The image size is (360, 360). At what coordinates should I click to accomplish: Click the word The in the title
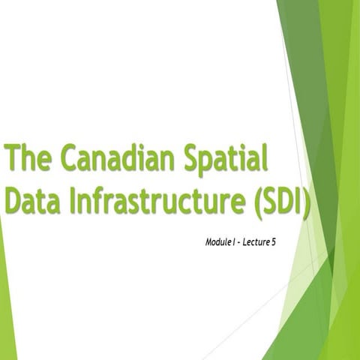[x=28, y=160]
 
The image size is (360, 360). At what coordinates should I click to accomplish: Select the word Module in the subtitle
[x=219, y=243]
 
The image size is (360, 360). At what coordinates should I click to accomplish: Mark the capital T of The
[x=13, y=160]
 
